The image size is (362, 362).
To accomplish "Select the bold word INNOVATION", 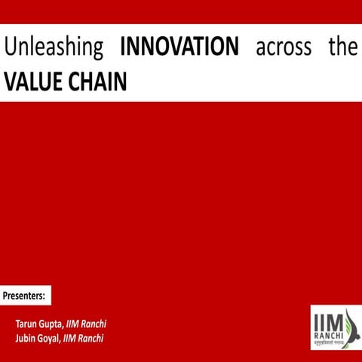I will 179,48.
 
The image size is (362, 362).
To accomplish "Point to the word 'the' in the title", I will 342,48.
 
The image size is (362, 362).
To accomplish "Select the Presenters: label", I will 26,293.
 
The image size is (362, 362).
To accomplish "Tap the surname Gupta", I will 53,324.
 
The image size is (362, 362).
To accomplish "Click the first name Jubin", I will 27,337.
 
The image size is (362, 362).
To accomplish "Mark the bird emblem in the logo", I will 346,321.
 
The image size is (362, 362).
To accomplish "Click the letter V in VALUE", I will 11,81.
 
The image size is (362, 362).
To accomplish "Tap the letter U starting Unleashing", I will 10,48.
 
